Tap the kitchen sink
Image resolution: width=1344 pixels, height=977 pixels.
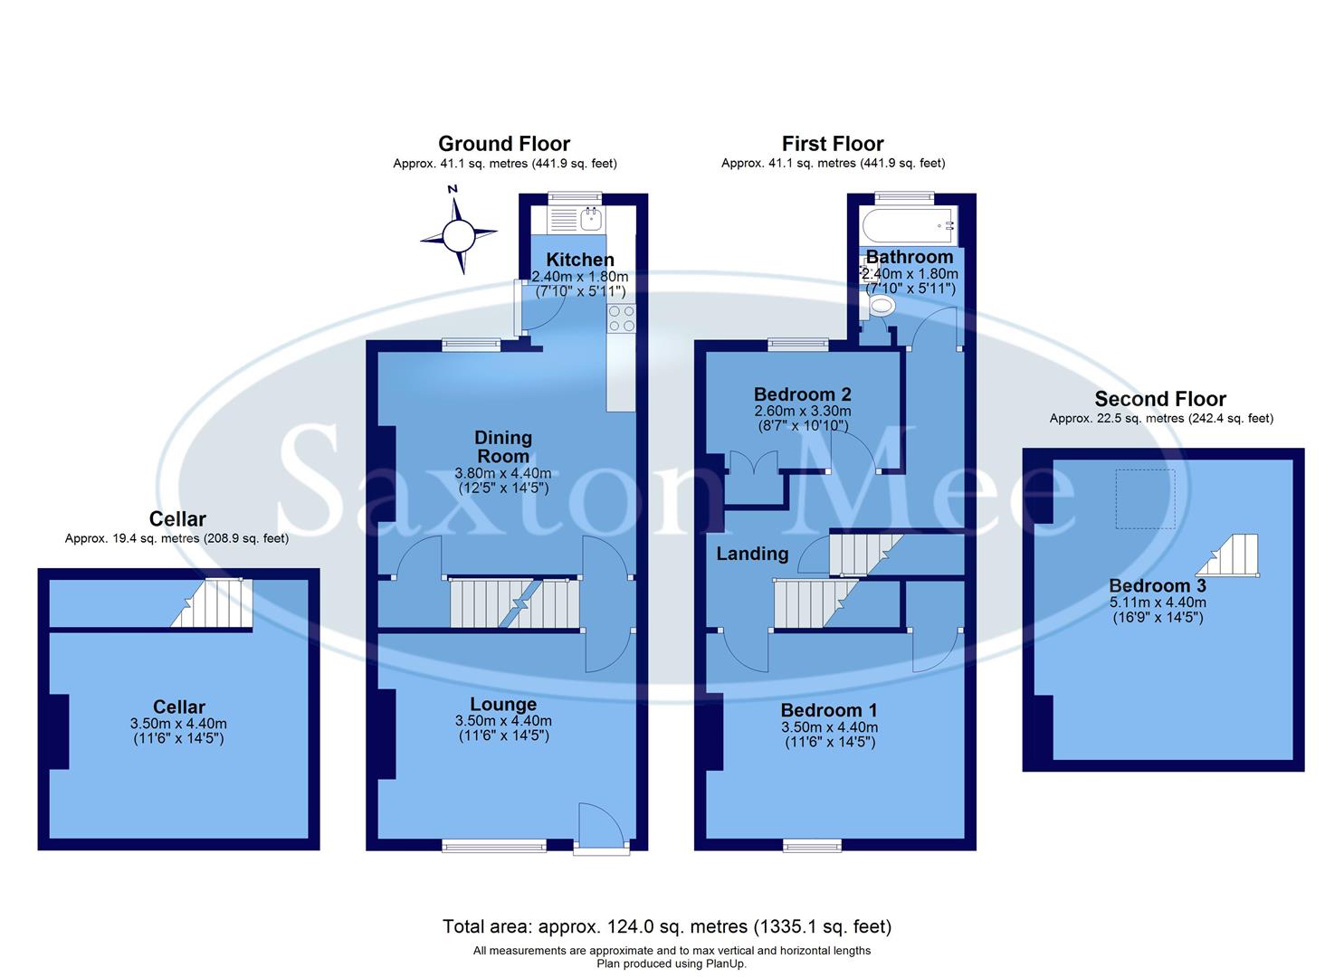(591, 217)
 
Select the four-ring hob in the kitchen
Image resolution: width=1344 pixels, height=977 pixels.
(622, 318)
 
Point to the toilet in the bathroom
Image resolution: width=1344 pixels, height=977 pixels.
(878, 308)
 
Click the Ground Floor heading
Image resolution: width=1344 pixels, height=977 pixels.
(504, 144)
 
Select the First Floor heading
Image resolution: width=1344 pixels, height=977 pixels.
(833, 144)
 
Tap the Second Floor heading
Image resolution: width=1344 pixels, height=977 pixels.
(1160, 399)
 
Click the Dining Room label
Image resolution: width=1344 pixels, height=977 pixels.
(503, 447)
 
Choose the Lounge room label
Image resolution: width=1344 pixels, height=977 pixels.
(503, 705)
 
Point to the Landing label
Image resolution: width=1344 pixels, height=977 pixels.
(752, 554)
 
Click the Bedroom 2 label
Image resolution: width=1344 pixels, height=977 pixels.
(802, 394)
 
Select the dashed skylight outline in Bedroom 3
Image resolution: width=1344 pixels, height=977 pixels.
(1145, 498)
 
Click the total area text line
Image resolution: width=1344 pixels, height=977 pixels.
(667, 926)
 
